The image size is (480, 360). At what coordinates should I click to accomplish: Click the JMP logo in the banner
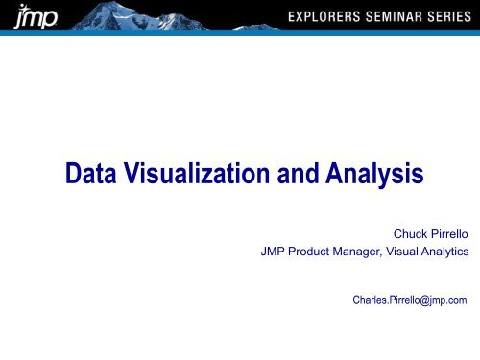27,18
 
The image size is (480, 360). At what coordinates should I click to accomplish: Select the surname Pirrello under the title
445,232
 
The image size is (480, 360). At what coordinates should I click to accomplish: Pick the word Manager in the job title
357,252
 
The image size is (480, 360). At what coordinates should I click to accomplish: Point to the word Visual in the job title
407,252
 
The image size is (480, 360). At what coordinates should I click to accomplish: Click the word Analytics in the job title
448,252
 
